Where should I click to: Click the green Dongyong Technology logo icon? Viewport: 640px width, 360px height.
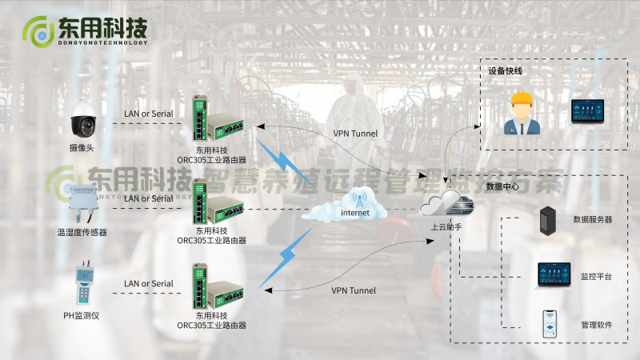tap(36, 31)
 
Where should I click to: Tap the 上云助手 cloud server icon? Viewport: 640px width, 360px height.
tap(446, 206)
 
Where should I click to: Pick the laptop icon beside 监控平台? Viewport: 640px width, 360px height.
tap(553, 275)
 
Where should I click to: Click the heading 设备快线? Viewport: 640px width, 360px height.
tap(506, 70)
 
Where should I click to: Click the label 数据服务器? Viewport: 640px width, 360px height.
tap(592, 219)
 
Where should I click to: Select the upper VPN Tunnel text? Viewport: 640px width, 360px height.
tap(355, 134)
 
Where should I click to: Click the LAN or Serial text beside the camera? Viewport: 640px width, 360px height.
tap(148, 114)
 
